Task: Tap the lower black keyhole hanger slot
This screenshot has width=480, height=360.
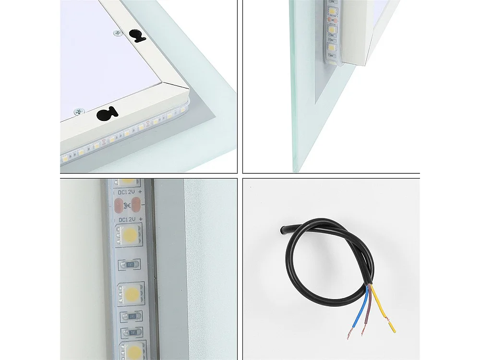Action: pos(107,114)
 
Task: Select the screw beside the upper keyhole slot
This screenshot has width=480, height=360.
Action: pos(118,33)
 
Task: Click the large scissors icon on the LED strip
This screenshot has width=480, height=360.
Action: pos(127,206)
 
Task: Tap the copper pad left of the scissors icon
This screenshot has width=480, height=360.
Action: pos(118,206)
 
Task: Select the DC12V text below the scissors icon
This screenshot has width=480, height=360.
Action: pos(125,219)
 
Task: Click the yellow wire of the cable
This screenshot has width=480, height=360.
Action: pos(383,310)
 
